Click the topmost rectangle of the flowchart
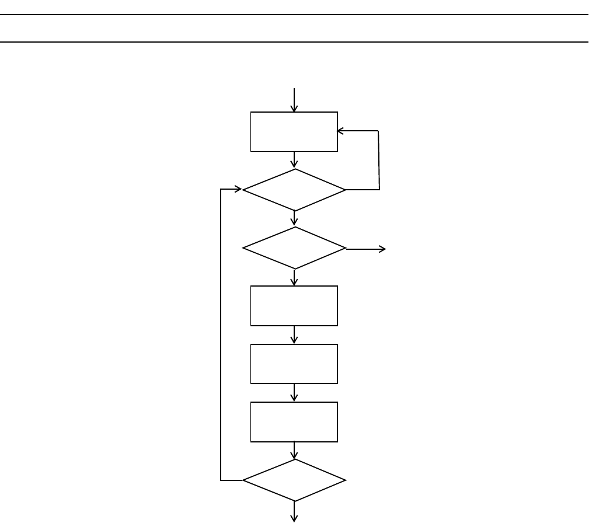(x=294, y=131)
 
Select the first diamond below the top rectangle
(x=294, y=190)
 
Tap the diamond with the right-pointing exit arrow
(x=294, y=248)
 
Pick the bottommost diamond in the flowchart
(x=294, y=480)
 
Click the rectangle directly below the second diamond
(x=294, y=305)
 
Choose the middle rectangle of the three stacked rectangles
(x=294, y=364)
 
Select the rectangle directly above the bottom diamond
(x=294, y=421)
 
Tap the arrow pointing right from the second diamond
(x=367, y=249)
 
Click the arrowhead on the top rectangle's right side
(x=341, y=131)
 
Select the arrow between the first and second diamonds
(x=294, y=218)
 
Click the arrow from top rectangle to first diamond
(x=294, y=160)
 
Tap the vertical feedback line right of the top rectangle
(x=379, y=160)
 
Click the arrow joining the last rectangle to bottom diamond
(x=294, y=451)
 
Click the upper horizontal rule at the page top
(x=294, y=15)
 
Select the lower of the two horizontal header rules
(x=294, y=42)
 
